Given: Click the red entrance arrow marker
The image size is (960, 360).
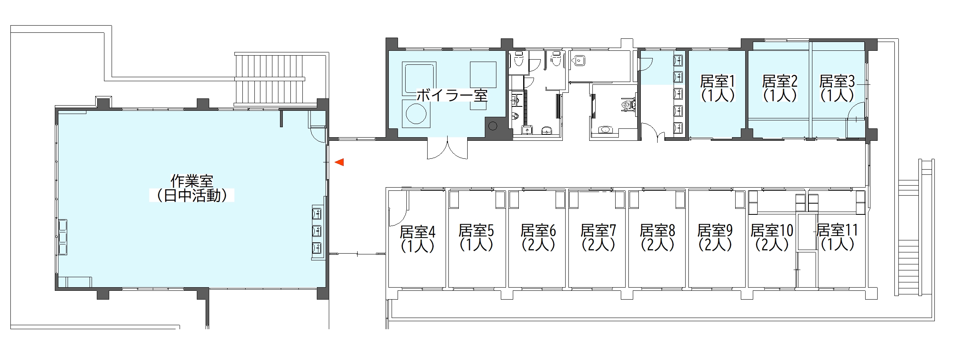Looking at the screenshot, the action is tap(340, 162).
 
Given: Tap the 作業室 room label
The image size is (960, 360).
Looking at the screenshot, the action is tap(192, 181).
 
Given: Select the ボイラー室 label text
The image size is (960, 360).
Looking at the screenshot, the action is tap(452, 96).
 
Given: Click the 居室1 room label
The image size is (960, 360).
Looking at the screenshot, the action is tap(718, 82).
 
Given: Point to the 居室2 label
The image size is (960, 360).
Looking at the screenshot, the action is tap(780, 82).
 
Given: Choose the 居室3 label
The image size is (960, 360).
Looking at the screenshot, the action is tap(837, 82).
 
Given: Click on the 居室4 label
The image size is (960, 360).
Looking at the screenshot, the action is tap(418, 232).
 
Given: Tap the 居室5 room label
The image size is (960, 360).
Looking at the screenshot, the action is tap(476, 231).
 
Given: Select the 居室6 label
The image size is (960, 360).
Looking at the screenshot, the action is tap(538, 231).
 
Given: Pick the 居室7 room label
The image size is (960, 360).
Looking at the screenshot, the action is tap(598, 231).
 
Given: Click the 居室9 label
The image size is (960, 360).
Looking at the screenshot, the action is tap(715, 231).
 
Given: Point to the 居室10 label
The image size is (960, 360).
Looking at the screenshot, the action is tap(772, 231).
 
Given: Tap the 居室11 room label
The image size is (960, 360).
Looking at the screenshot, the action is tap(837, 231).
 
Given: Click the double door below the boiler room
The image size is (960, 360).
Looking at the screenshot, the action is tap(447, 148).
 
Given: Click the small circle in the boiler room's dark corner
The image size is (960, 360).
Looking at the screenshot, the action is tap(493, 126).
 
